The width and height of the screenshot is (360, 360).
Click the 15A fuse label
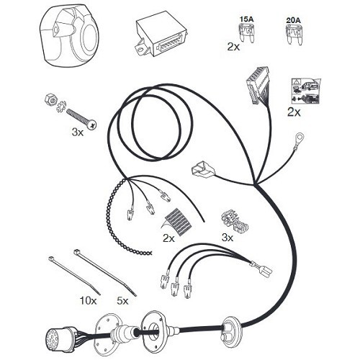coord(247,19)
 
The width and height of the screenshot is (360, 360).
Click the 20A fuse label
coord(293,20)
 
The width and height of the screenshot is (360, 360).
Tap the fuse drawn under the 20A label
coord(293,35)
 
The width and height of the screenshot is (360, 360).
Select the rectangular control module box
coord(161,38)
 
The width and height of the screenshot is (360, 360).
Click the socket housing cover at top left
coord(70,35)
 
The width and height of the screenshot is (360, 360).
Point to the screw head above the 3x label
coord(92,125)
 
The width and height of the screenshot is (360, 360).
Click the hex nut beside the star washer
coord(50,99)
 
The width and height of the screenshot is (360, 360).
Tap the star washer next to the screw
coord(60,107)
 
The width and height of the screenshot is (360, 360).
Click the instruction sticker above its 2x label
coord(305,91)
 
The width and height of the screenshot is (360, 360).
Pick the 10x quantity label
coord(88,301)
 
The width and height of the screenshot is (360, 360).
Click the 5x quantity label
coord(122,301)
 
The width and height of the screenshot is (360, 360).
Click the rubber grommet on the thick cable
coord(229,328)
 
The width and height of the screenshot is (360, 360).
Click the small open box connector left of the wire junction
coord(201,168)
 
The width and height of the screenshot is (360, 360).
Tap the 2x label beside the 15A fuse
coord(233,46)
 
